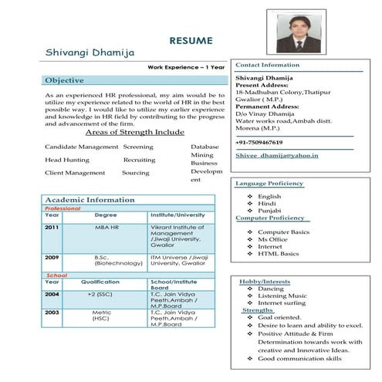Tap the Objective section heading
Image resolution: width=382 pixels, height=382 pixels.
(65, 80)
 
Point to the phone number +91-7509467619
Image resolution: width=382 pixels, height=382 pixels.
(259, 143)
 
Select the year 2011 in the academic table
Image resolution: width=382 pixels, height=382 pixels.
(52, 228)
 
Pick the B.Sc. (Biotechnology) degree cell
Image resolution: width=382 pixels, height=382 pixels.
(117, 260)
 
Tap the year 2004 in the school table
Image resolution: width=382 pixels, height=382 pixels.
(52, 294)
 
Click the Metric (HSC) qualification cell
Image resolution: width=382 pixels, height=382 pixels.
(101, 314)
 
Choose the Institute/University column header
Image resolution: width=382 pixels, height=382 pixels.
(178, 215)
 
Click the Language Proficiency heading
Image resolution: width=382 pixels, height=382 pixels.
(269, 184)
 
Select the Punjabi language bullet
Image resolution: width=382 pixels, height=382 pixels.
(269, 210)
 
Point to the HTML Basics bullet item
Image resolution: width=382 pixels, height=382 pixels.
(278, 254)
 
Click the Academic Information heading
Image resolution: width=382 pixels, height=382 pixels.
(90, 200)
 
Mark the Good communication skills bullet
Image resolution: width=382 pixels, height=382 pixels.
(299, 359)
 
